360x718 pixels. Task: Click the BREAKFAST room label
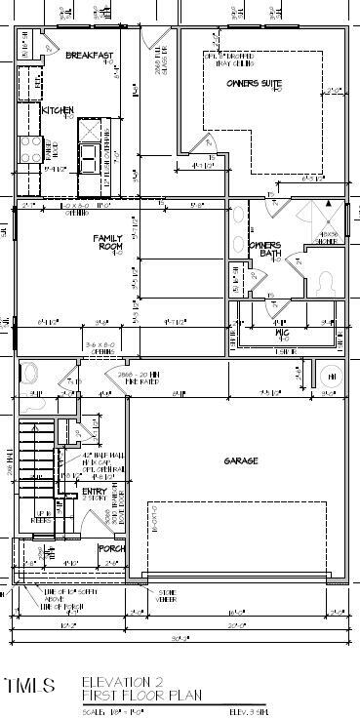pyautogui.click(x=90, y=57)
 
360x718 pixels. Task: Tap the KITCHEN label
pyautogui.click(x=58, y=110)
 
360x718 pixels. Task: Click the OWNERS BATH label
pyautogui.click(x=264, y=249)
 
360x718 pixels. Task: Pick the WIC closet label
pyautogui.click(x=282, y=333)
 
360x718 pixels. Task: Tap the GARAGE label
pyautogui.click(x=240, y=459)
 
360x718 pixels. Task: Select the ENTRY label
pyautogui.click(x=95, y=492)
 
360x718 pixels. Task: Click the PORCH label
pyautogui.click(x=112, y=549)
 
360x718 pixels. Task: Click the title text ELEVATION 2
pyautogui.click(x=121, y=680)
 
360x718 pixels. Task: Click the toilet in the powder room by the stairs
pyautogui.click(x=30, y=375)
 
